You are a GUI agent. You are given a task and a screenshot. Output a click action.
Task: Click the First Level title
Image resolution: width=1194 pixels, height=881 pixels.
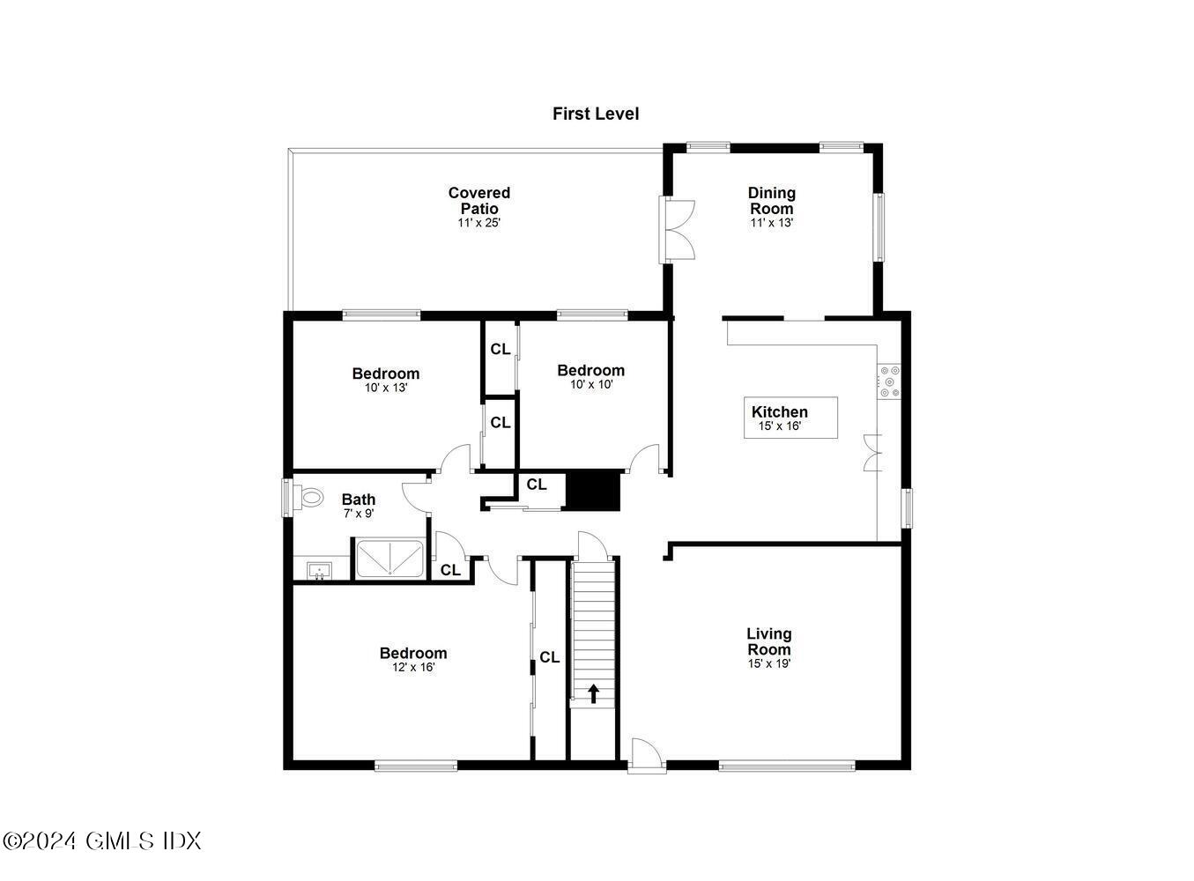tap(596, 114)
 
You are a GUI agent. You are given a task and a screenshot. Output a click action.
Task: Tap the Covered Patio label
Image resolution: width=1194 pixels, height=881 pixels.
tap(478, 201)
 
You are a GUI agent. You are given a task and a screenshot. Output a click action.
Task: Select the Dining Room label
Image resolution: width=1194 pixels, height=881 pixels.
tap(771, 201)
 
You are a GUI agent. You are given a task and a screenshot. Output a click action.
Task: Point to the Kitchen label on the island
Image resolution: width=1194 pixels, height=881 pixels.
tap(779, 412)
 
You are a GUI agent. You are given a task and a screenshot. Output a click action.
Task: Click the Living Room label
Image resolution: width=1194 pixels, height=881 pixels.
tap(768, 641)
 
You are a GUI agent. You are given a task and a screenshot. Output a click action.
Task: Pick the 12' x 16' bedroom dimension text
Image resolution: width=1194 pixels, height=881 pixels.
tap(413, 668)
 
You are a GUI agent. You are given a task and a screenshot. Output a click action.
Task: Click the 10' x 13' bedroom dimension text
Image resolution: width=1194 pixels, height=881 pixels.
tap(386, 388)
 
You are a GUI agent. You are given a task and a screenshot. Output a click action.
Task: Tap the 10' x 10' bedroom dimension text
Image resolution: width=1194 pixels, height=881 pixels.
tap(590, 385)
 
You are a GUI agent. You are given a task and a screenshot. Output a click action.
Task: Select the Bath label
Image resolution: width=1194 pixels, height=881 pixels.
tap(359, 500)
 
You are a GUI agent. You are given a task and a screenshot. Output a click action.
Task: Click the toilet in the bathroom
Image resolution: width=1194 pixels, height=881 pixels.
tap(310, 498)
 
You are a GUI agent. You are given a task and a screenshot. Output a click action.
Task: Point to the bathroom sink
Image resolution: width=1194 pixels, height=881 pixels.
tap(318, 571)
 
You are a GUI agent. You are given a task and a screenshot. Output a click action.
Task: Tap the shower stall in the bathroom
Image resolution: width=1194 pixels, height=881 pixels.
tap(389, 559)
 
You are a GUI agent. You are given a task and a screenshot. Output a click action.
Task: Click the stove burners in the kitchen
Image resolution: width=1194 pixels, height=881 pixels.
tap(888, 382)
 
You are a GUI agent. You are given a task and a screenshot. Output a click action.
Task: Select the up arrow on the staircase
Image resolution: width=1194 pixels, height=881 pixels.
tap(594, 694)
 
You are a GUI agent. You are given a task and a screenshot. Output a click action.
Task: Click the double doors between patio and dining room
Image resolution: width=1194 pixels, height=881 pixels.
tap(679, 230)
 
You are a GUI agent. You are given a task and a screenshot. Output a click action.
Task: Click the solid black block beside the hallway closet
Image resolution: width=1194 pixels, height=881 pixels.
tap(593, 491)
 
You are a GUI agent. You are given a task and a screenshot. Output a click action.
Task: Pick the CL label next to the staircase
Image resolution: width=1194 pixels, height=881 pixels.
tap(549, 657)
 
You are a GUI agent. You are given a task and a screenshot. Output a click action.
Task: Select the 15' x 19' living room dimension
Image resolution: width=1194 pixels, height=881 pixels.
tap(768, 664)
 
